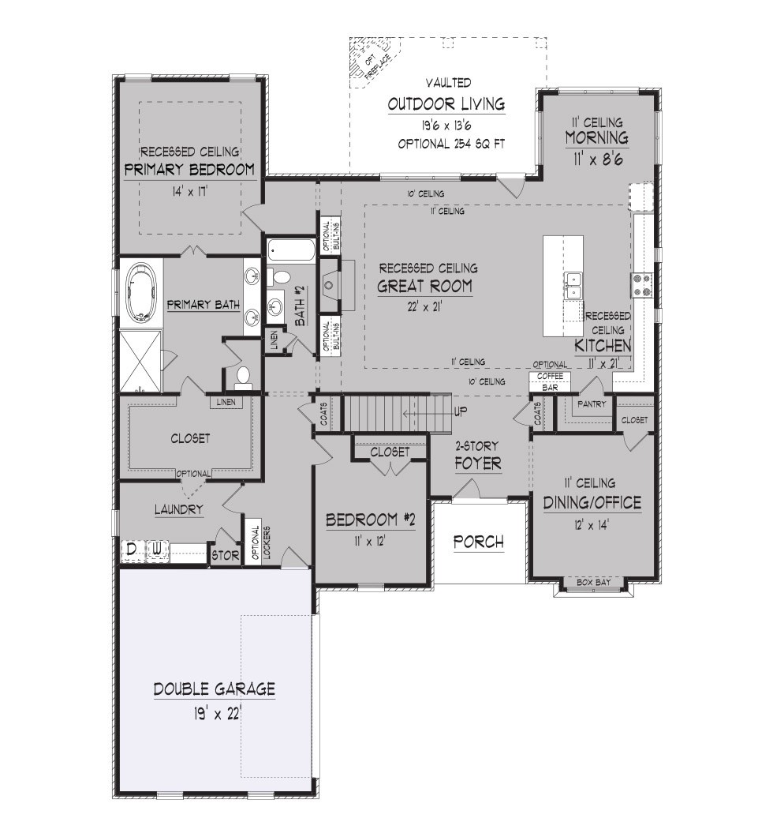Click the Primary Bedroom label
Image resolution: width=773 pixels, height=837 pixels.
pos(189,171)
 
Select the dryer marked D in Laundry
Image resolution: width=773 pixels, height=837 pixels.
pos(132,550)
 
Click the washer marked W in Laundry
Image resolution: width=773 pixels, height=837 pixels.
pos(157,550)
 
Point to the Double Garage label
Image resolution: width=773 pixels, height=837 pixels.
pos(215,689)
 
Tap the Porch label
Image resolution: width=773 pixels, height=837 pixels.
pos(478,542)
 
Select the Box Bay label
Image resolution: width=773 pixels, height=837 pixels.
pos(593,583)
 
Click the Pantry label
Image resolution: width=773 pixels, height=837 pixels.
pos(592,404)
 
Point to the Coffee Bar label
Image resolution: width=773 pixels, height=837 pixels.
pos(550,382)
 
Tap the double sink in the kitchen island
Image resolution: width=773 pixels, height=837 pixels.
pos(573,286)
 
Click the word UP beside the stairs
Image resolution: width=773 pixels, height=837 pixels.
pos(461,412)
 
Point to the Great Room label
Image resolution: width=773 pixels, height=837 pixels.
pos(425,287)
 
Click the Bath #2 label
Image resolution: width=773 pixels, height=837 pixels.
pos(301,306)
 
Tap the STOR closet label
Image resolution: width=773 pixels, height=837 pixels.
pos(226,556)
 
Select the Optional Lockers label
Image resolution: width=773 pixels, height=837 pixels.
pos(260,542)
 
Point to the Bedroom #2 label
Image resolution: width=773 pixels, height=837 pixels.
pos(370,520)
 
